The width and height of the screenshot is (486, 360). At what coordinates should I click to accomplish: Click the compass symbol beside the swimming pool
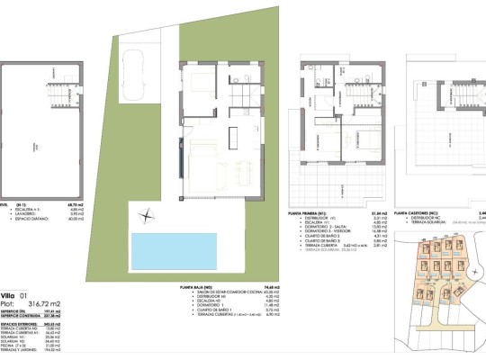click(x=147, y=214)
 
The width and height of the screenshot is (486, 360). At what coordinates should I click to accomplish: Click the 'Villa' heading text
click(x=8, y=295)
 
